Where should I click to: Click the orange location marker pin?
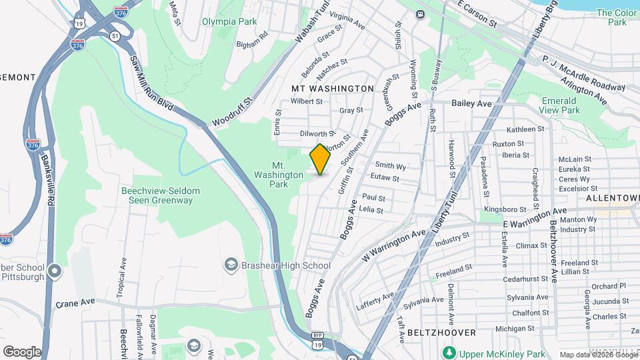point(321,159)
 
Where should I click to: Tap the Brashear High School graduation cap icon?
point(231,265)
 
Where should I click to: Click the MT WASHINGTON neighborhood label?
point(333,88)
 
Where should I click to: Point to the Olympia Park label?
point(230,21)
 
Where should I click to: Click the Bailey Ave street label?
point(471,103)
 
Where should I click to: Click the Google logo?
point(22,351)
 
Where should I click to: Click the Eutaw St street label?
point(386,179)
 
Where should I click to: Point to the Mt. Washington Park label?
point(279,175)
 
